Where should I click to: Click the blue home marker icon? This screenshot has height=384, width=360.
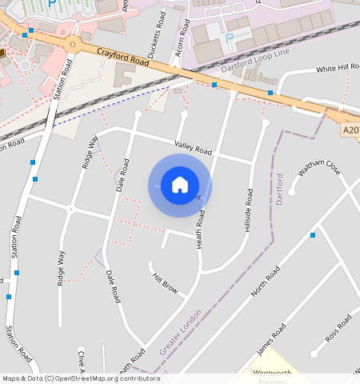point(180,185)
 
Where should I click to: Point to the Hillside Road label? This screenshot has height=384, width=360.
point(249,210)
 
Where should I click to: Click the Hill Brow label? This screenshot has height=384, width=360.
point(165,282)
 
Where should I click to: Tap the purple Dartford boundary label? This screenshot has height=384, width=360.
point(280,188)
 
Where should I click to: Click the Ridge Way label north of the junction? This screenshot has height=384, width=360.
point(89,151)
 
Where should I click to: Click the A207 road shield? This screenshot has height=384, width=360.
point(350,130)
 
